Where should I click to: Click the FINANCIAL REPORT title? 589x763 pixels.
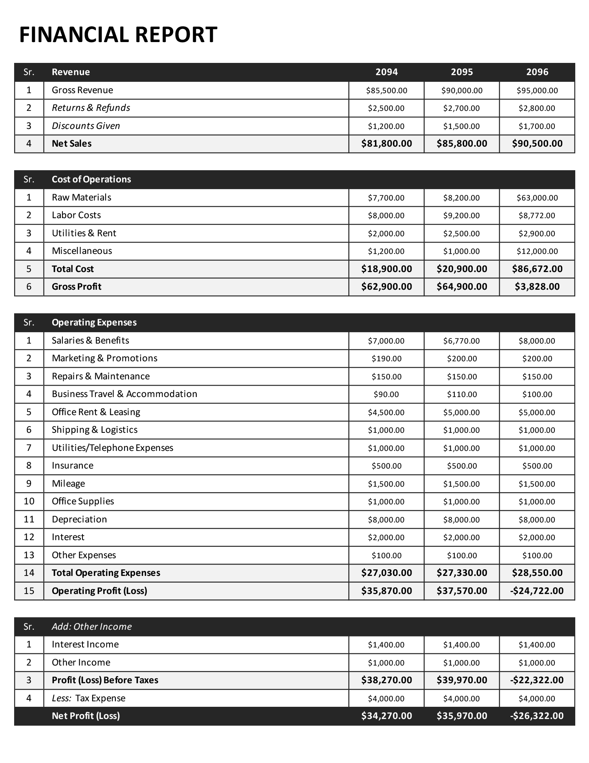[x=118, y=35]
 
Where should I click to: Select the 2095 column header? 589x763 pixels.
[x=462, y=72]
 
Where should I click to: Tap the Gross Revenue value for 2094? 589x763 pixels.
[x=386, y=90]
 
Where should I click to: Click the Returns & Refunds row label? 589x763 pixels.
[x=91, y=108]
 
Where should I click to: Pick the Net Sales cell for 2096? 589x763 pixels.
[x=537, y=143]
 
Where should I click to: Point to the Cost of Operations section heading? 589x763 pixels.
[x=91, y=179]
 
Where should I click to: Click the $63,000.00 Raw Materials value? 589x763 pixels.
[x=537, y=198]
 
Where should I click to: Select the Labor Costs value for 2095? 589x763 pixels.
[x=461, y=215]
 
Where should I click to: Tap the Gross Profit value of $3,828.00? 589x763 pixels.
[x=537, y=287]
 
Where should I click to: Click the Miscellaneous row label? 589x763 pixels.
[x=82, y=251]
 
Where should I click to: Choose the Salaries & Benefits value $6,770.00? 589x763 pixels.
[x=461, y=341]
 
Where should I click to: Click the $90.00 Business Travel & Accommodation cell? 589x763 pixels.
[x=386, y=394]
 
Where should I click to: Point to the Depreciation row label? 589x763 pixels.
[x=79, y=519]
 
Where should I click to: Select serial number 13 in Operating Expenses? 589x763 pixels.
[x=29, y=555]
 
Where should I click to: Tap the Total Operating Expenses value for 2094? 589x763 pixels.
[x=386, y=573]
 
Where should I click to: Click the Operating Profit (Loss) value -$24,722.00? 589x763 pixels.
[x=537, y=591]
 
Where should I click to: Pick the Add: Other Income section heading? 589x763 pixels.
[x=91, y=627]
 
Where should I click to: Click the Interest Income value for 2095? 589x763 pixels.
[x=461, y=645]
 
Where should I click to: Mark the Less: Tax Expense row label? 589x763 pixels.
[x=88, y=698]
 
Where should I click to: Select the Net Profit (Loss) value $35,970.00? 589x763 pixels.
[x=461, y=716]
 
